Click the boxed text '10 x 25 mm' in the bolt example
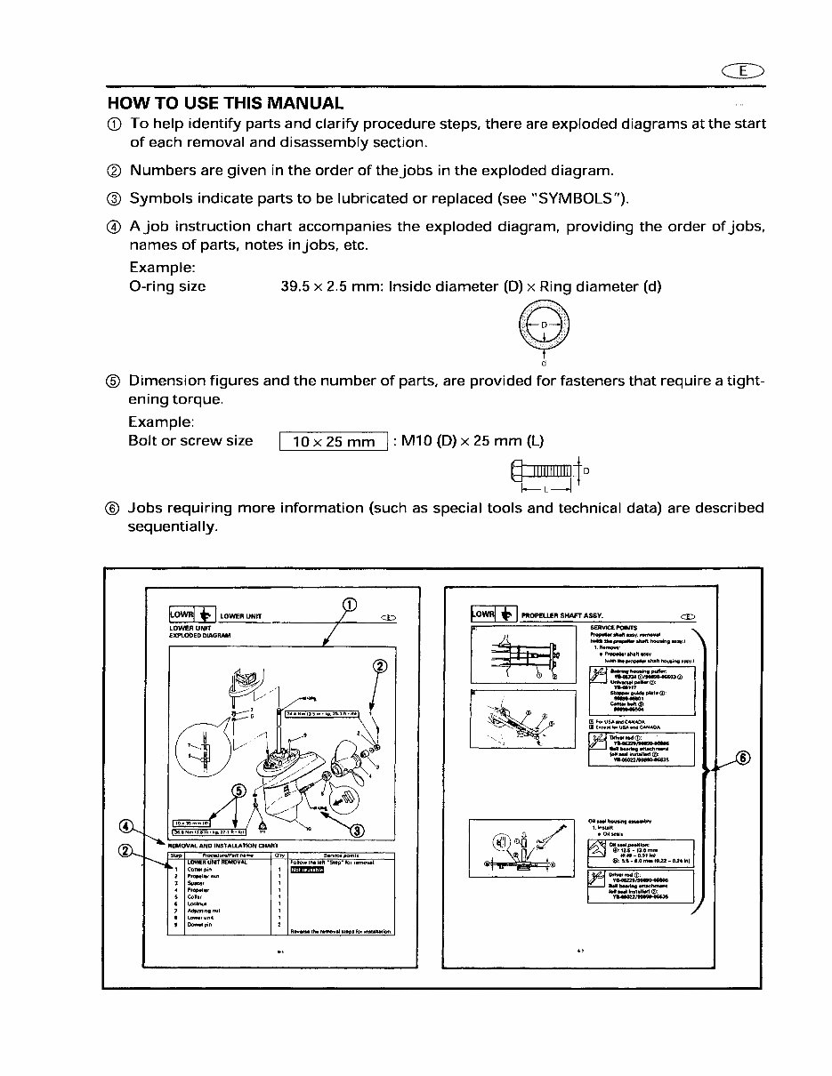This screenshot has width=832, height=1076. coord(334,442)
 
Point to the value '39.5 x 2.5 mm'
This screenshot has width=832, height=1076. coord(328,286)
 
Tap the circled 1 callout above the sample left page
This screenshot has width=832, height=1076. coord(350,606)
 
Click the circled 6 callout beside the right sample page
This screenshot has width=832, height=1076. coord(744,759)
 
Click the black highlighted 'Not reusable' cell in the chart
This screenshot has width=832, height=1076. coord(307,870)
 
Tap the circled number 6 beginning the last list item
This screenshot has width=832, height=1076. coord(113,509)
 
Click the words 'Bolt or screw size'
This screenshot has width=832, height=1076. coord(190,441)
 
